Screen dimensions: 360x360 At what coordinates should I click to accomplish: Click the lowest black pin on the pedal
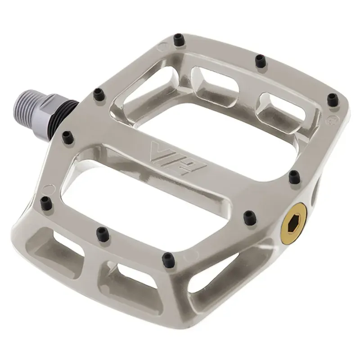coord(168,258)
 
